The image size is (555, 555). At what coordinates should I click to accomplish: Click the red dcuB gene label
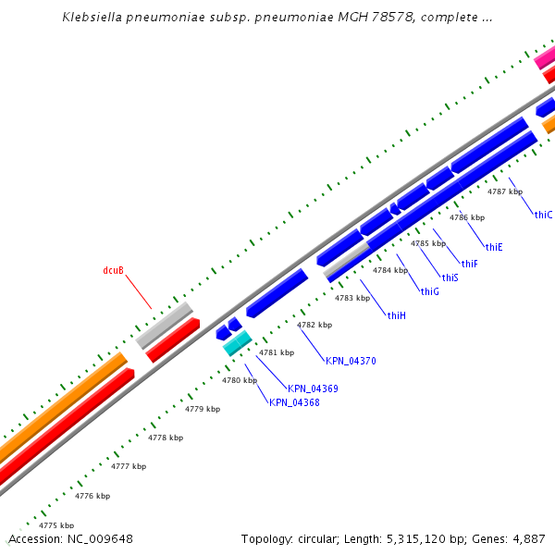pyautogui.click(x=113, y=271)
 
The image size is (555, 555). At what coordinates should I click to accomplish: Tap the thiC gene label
pyautogui.click(x=543, y=215)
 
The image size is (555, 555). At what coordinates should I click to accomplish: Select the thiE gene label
pyautogui.click(x=494, y=247)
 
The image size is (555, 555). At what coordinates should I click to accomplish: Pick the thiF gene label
pyautogui.click(x=470, y=264)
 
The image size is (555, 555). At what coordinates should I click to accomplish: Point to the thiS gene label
pyautogui.click(x=450, y=277)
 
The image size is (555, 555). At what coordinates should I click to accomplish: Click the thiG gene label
pyautogui.click(x=429, y=291)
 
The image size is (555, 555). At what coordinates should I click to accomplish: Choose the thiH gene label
pyautogui.click(x=397, y=315)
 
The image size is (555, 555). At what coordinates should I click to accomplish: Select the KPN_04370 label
pyautogui.click(x=351, y=361)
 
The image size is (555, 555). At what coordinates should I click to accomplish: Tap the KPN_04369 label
pyautogui.click(x=313, y=388)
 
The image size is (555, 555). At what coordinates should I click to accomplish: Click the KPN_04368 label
pyautogui.click(x=294, y=402)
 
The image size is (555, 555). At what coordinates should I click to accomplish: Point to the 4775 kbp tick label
pyautogui.click(x=55, y=525)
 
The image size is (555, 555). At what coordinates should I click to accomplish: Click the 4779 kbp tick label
pyautogui.click(x=203, y=409)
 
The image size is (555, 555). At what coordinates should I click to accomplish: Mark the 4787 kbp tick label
pyautogui.click(x=505, y=191)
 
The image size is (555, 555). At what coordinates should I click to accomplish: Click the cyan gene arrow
pyautogui.click(x=237, y=344)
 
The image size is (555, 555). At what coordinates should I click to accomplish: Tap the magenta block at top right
pyautogui.click(x=545, y=57)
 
